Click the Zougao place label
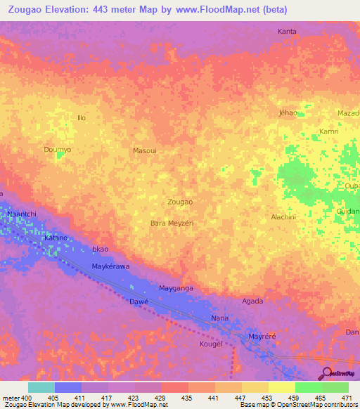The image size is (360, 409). pos(180,202)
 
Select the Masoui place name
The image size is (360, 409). pos(144,150)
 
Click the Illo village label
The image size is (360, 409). pos(82,117)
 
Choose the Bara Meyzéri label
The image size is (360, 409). pos(172,223)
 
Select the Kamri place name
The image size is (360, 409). pos(329,131)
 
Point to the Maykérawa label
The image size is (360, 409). pos(112,266)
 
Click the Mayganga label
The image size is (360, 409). pos(176,288)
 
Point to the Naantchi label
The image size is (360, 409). pos(20,213)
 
